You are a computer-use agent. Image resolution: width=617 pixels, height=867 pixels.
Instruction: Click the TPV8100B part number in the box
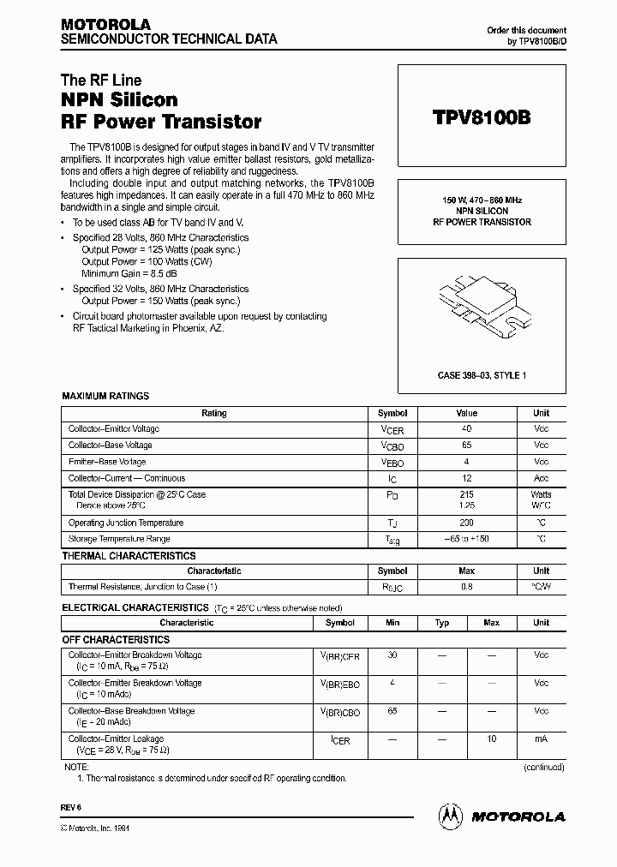pyautogui.click(x=481, y=117)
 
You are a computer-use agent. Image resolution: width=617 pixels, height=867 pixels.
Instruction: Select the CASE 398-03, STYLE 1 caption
pyautogui.click(x=482, y=375)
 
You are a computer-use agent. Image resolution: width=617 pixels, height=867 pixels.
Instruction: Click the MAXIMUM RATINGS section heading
pyautogui.click(x=105, y=397)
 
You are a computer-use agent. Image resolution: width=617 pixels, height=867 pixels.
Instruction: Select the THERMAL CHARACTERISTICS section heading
pyautogui.click(x=129, y=556)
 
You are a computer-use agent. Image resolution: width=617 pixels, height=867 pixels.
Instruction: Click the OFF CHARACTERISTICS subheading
pyautogui.click(x=116, y=640)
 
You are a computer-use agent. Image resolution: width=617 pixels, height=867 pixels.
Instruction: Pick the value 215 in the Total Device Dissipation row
pyautogui.click(x=467, y=494)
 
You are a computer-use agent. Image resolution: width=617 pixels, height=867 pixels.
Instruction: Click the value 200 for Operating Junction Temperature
pyautogui.click(x=467, y=523)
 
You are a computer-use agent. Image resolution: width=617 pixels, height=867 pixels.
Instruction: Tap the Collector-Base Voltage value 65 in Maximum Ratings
pyautogui.click(x=467, y=445)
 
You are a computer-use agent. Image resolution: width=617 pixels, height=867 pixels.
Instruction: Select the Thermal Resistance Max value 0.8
pyautogui.click(x=467, y=587)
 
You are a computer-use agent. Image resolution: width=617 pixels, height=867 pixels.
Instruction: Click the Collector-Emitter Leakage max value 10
pyautogui.click(x=491, y=738)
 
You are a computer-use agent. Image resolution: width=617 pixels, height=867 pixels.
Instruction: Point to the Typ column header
pyautogui.click(x=442, y=623)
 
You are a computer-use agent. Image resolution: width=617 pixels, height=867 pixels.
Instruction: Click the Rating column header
pyautogui.click(x=213, y=413)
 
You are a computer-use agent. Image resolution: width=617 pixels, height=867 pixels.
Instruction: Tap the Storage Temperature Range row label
pyautogui.click(x=119, y=539)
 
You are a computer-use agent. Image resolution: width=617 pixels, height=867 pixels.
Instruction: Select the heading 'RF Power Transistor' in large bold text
pyautogui.click(x=161, y=122)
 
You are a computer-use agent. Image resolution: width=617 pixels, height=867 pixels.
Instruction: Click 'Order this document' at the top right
pyautogui.click(x=526, y=30)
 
